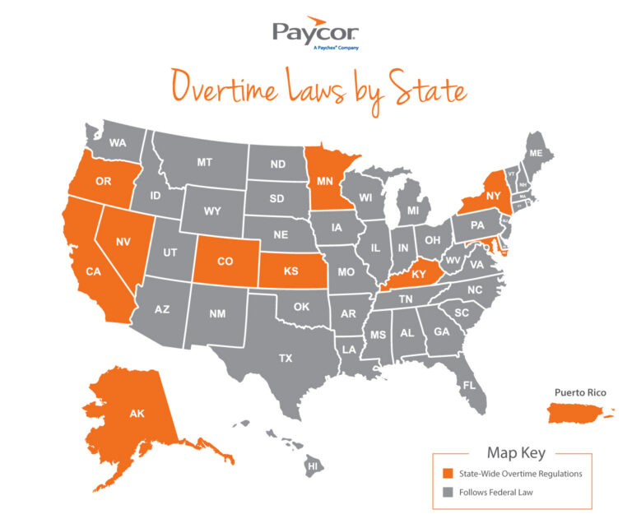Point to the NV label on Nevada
(123, 241)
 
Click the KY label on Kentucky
(419, 275)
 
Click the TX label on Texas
(285, 358)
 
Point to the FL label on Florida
(468, 385)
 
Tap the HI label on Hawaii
(312, 465)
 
